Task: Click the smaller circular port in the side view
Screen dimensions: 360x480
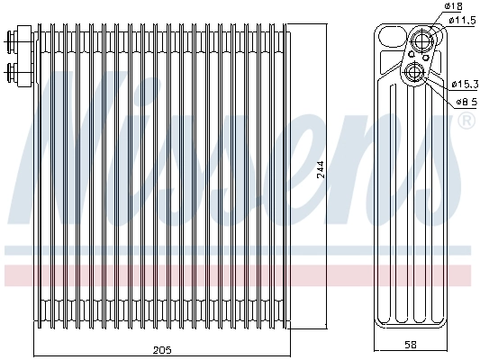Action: [415, 72]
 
